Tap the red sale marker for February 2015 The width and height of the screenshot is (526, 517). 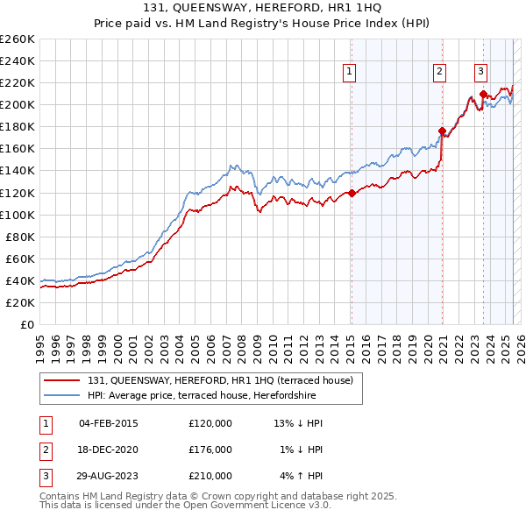[x=352, y=193]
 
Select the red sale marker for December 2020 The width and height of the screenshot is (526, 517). [x=443, y=131]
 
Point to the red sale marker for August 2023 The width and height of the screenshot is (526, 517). [x=483, y=94]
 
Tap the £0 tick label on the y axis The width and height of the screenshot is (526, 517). [x=26, y=324]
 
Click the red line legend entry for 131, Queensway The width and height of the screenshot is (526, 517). [x=219, y=380]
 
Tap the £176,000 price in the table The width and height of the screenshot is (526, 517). [x=210, y=450]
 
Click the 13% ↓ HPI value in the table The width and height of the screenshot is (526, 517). [x=299, y=423]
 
